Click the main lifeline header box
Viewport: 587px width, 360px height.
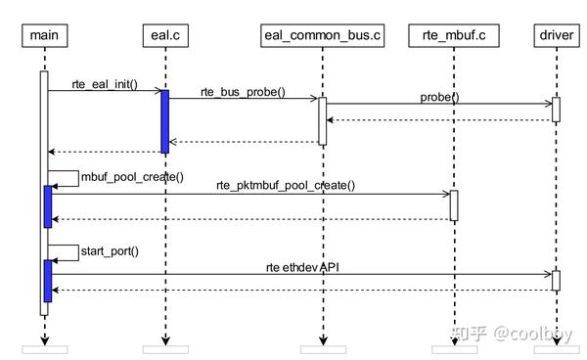43,36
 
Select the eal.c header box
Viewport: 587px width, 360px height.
164,36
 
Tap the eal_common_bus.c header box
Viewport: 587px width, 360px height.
322,36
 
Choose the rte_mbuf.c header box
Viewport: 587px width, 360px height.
454,36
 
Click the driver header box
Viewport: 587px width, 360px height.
556,36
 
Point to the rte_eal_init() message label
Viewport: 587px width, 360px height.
105,82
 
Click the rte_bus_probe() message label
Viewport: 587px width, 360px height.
243,92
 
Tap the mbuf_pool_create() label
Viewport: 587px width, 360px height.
132,177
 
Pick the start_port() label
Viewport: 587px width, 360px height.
110,250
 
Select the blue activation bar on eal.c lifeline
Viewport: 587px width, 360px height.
164,121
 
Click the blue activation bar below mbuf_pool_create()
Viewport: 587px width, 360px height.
47,205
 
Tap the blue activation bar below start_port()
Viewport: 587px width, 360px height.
47,281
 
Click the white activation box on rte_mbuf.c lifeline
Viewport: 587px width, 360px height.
454,204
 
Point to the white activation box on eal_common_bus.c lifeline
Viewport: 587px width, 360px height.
322,120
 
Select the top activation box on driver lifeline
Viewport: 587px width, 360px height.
556,110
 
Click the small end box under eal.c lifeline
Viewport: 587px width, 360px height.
164,349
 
